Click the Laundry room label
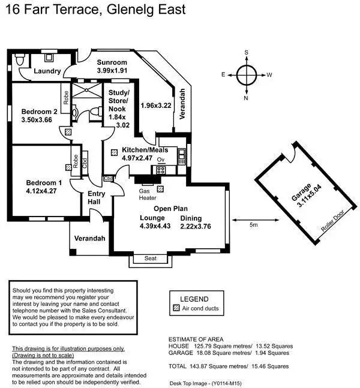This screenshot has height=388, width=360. (47, 71)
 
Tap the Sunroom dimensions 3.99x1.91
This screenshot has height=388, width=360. (112, 71)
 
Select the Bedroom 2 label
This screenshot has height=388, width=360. (39, 111)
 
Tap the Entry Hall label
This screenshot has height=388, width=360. (97, 198)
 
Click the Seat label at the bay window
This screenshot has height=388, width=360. (151, 258)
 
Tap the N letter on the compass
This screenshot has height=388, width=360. (246, 98)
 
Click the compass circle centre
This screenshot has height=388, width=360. (246, 75)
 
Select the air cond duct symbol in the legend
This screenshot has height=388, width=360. (176, 309)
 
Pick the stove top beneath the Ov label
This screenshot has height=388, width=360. (161, 170)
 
